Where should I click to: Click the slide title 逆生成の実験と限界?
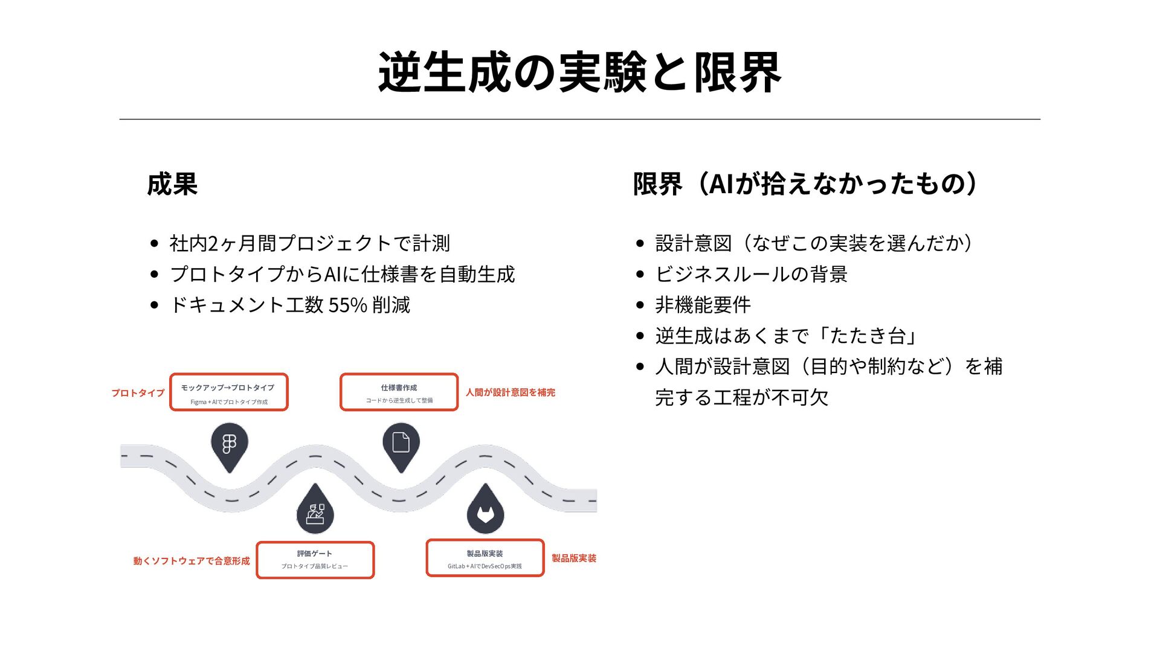point(579,72)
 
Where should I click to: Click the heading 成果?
point(172,184)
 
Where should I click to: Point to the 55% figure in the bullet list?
point(347,305)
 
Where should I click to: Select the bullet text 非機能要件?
point(703,305)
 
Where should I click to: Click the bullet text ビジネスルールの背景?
point(751,274)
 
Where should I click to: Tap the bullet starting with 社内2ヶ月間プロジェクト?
point(309,243)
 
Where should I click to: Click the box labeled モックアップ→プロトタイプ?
point(228,392)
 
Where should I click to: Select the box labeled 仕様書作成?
point(399,392)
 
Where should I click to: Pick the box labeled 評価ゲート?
point(315,560)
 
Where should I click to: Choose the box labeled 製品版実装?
point(485,558)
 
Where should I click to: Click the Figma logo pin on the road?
point(230,445)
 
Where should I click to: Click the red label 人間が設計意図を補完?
point(510,392)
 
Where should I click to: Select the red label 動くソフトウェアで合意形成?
point(192,561)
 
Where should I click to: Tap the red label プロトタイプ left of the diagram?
point(138,393)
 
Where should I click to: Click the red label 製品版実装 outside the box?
point(573,558)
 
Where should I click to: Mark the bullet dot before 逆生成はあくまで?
point(640,336)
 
